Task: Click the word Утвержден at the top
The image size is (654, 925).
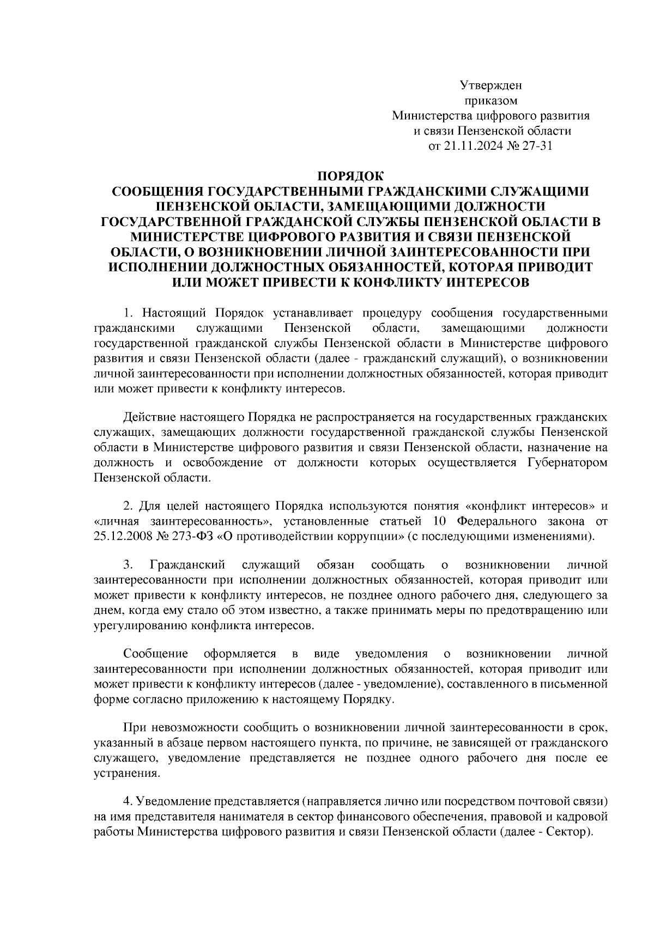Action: [x=491, y=86]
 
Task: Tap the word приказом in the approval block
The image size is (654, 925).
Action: [x=491, y=101]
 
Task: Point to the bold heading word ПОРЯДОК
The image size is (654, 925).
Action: [x=350, y=176]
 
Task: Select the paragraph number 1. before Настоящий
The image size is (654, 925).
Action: [x=128, y=313]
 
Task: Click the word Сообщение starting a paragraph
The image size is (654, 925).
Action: [x=156, y=653]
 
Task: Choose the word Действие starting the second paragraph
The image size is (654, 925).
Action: [x=147, y=417]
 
